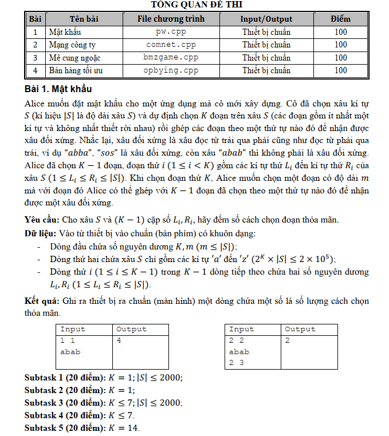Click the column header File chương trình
pyautogui.click(x=171, y=19)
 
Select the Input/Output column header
pyautogui.click(x=266, y=19)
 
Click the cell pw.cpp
pyautogui.click(x=171, y=32)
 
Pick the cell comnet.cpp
pyautogui.click(x=171, y=45)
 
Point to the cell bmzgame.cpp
pyautogui.click(x=171, y=58)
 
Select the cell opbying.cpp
pyautogui.click(x=171, y=70)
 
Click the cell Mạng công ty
pyautogui.click(x=72, y=45)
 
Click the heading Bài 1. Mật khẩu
pyautogui.click(x=58, y=89)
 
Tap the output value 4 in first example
pyautogui.click(x=119, y=340)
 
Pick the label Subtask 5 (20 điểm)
pyautogui.click(x=65, y=428)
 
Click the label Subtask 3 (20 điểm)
pyautogui.click(x=65, y=403)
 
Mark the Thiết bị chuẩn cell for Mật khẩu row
pyautogui.click(x=266, y=32)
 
